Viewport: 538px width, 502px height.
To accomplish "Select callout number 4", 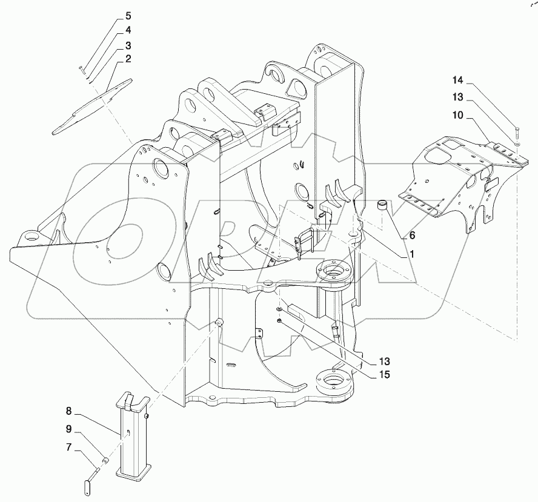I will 128,30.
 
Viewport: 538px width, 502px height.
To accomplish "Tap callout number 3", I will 128,45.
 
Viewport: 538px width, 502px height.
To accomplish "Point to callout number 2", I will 128,59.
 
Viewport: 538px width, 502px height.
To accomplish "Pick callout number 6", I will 413,234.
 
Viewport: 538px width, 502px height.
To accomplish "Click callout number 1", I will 411,254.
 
